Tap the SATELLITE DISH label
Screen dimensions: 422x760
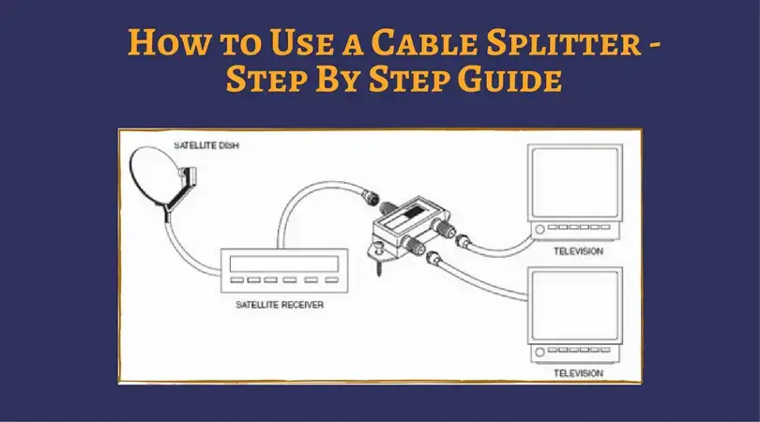point(203,147)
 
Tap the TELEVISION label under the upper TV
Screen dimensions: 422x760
point(577,251)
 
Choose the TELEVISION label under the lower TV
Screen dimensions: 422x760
point(577,372)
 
